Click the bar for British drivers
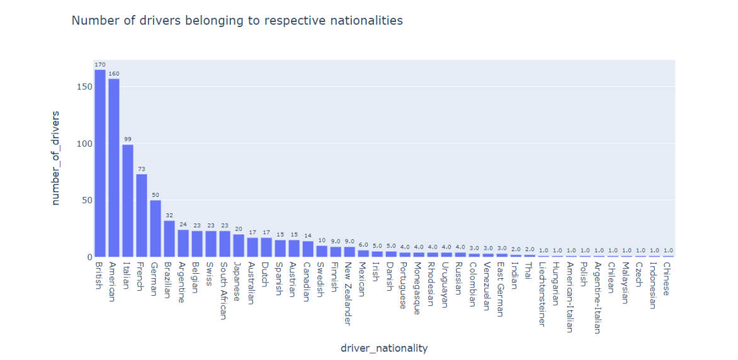pos(99,164)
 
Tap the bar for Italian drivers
pos(128,201)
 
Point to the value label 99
pos(128,138)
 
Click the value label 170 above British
pos(99,64)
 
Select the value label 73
pos(142,168)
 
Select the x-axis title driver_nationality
pos(383,348)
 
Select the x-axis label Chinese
pos(668,279)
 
